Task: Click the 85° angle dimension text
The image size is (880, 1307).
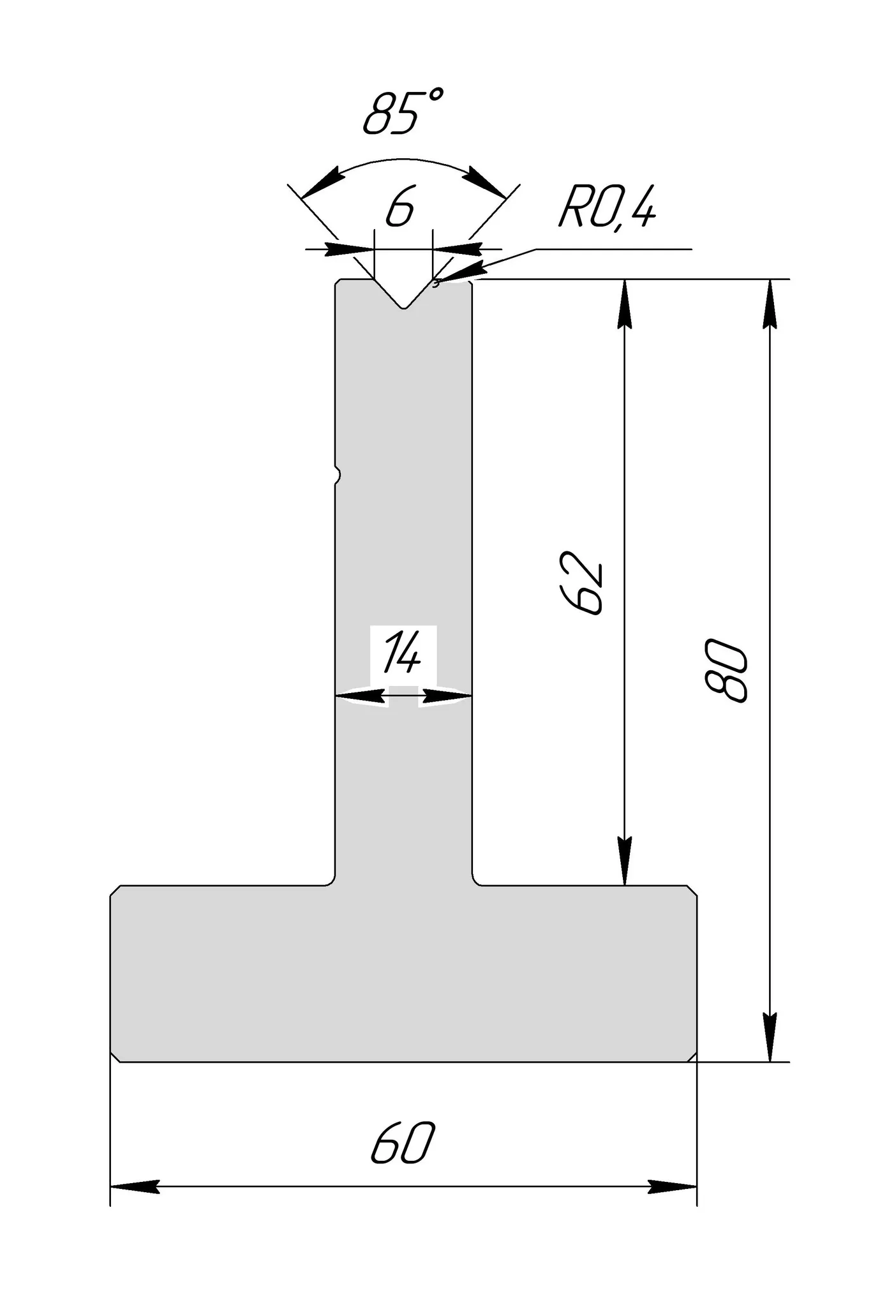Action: tap(403, 113)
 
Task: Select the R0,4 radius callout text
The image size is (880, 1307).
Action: tap(606, 209)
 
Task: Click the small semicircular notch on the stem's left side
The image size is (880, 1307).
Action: tap(338, 474)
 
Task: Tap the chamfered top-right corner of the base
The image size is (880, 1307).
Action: tap(692, 890)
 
